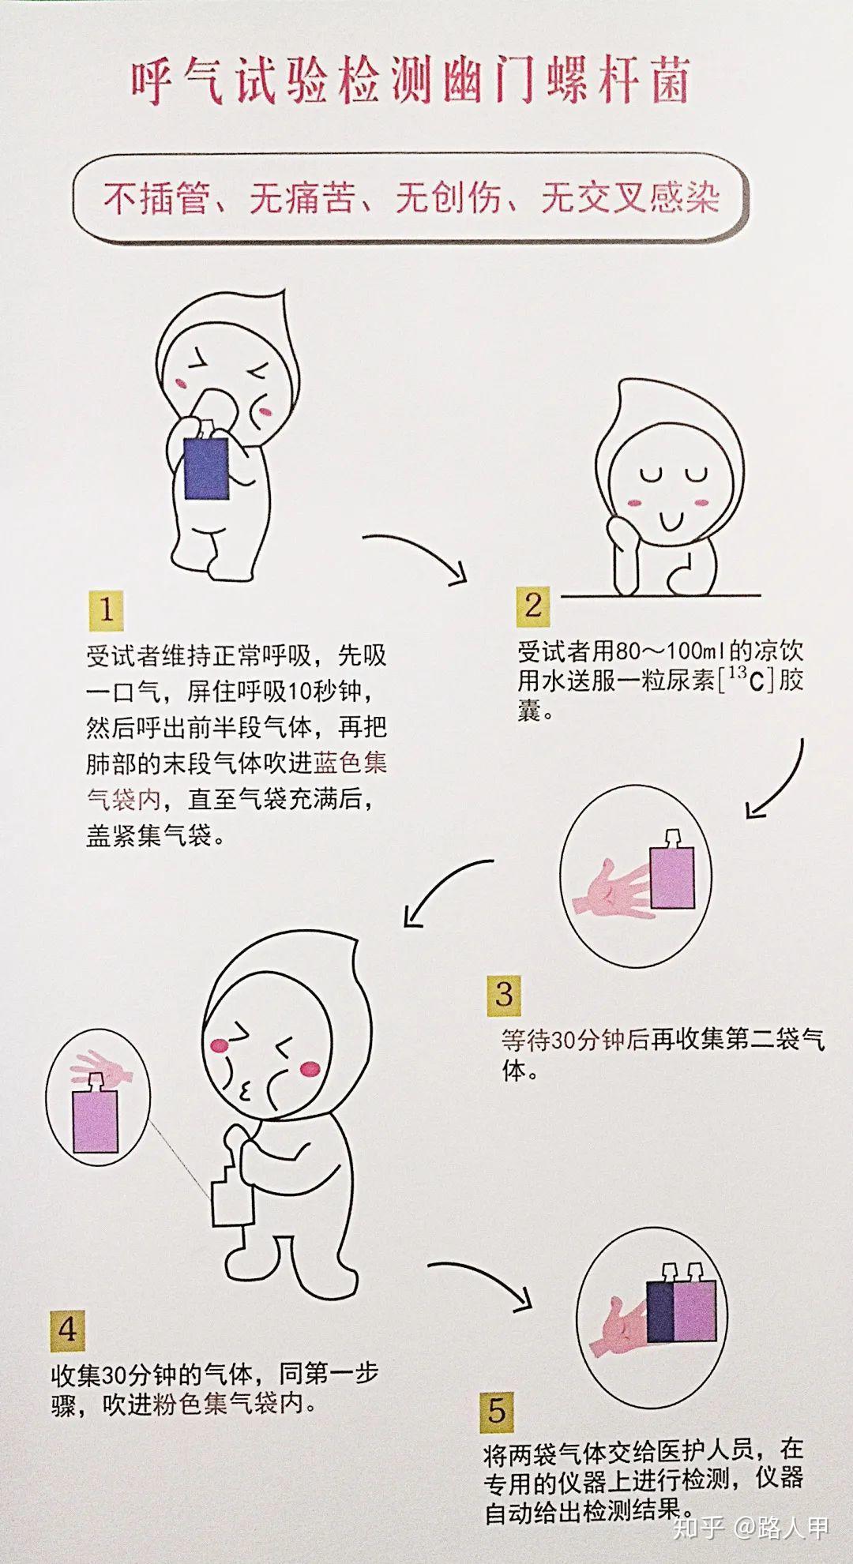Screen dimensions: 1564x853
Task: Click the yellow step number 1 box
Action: point(106,609)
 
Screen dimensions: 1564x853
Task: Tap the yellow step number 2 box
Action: point(534,606)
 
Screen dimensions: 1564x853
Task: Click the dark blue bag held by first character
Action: point(206,469)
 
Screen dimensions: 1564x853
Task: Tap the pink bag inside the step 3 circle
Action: point(672,876)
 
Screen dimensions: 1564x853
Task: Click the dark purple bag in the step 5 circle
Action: point(659,1313)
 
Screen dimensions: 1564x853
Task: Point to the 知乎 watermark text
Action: point(697,1528)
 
